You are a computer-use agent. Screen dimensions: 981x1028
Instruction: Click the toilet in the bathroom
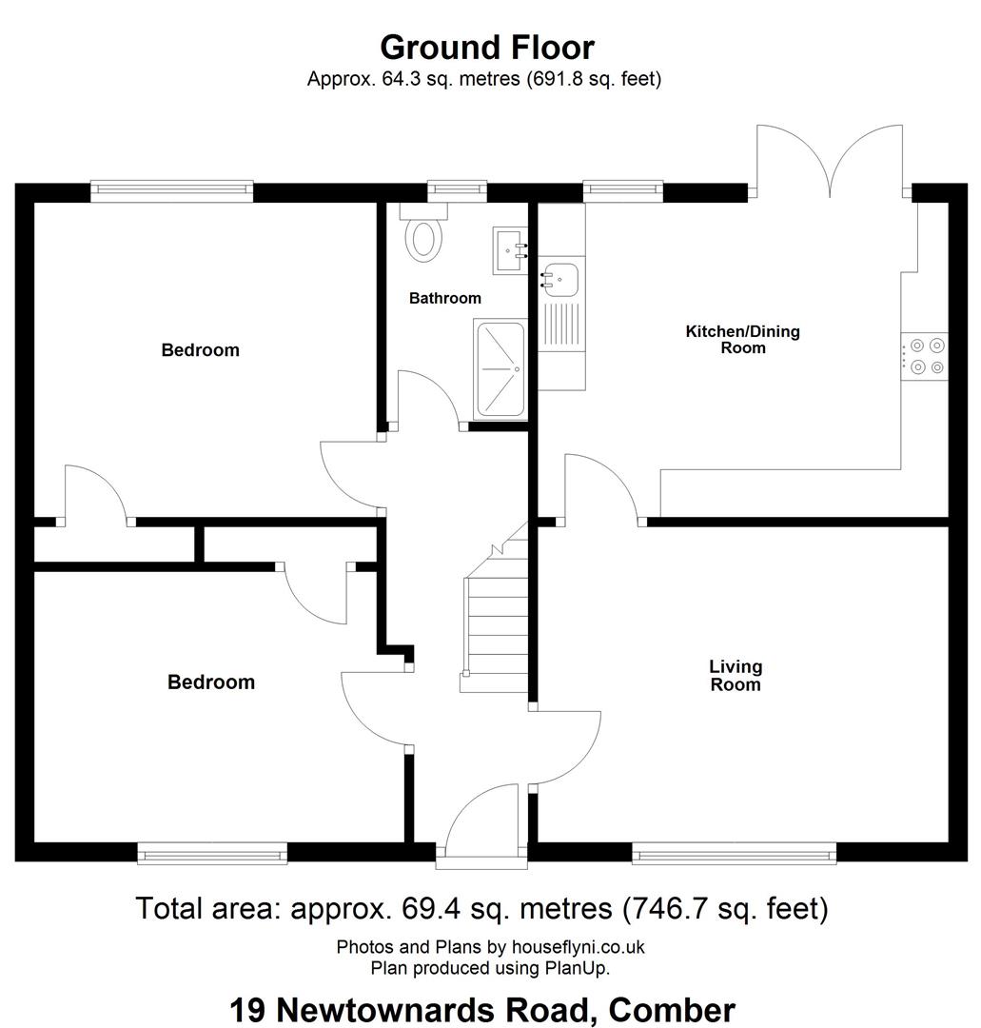coord(423,232)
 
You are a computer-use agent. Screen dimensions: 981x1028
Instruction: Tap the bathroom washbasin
coord(510,250)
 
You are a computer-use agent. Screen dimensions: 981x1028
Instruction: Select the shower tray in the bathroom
coord(500,369)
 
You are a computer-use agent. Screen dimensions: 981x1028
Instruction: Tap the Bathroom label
coord(445,298)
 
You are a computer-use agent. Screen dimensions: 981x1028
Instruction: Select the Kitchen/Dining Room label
coord(742,340)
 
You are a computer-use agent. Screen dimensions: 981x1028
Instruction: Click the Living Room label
coord(736,676)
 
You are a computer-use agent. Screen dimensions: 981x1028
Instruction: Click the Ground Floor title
coord(487,48)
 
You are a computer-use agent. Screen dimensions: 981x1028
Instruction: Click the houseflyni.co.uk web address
coord(578,947)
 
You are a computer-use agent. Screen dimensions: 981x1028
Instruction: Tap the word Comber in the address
coord(672,1010)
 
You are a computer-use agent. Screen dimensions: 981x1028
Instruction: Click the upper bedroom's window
coord(171,190)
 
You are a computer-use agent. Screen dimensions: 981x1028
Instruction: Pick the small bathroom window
coord(458,190)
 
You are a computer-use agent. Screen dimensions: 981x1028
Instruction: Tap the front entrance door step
coord(481,862)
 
